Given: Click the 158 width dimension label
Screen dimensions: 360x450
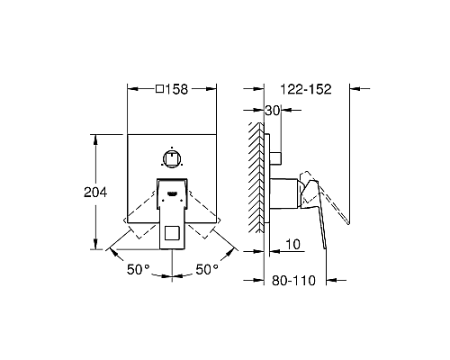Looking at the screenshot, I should point(177,89).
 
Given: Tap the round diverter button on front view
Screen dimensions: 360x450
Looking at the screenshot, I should point(171,157).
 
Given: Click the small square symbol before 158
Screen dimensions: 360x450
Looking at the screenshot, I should point(160,89).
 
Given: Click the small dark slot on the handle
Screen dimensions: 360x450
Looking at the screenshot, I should point(171,193).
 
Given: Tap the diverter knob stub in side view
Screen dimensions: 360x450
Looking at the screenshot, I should point(277,157).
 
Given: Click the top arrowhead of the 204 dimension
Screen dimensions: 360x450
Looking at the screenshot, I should point(94,137).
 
